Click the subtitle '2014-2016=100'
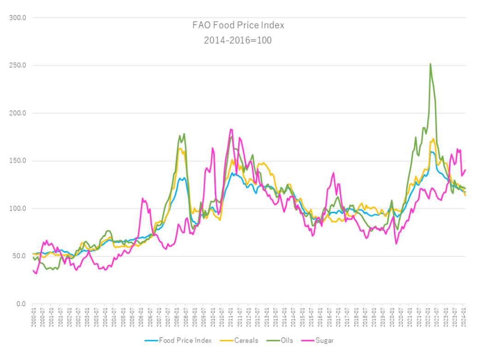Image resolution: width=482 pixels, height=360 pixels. (x=238, y=40)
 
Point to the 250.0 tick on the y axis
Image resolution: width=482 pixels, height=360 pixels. (x=18, y=65)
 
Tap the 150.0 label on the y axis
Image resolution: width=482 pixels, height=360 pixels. (x=18, y=161)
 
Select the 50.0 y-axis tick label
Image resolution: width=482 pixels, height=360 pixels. (x=19, y=256)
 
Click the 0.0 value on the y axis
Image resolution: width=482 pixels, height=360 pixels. (x=21, y=304)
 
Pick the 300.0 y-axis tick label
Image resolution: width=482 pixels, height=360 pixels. (x=18, y=18)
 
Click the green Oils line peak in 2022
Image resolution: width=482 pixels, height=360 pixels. (x=430, y=64)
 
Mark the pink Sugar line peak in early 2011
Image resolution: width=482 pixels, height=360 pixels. (x=231, y=129)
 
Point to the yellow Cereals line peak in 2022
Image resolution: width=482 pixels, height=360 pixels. (x=433, y=139)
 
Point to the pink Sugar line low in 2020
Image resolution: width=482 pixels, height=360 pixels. (x=396, y=244)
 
